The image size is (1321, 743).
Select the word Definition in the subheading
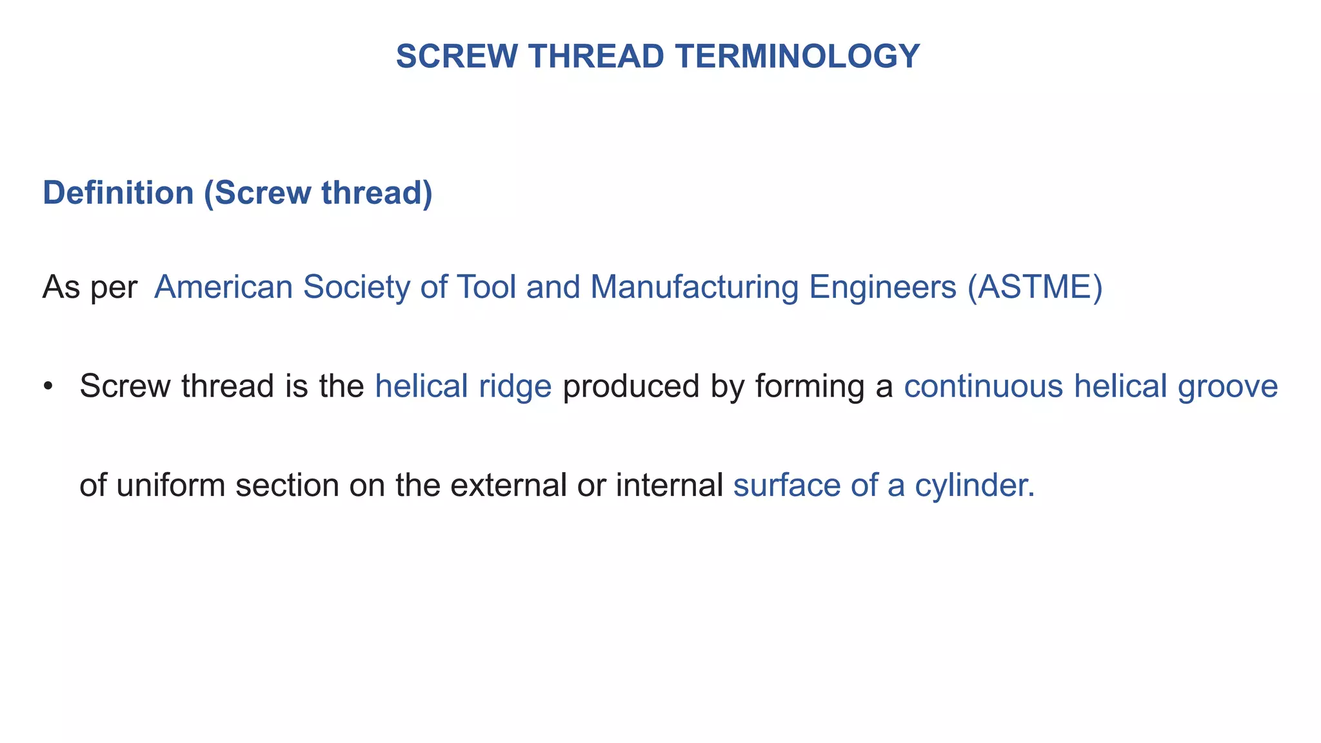[x=118, y=193]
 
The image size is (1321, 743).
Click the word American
[x=224, y=287]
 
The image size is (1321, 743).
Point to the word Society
[x=356, y=287]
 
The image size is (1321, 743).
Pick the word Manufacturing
[x=694, y=287]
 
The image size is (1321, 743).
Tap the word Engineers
[x=882, y=287]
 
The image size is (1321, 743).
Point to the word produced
[x=631, y=386]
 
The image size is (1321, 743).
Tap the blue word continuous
[x=983, y=386]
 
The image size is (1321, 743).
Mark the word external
[x=508, y=484]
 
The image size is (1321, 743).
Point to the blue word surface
[x=786, y=484]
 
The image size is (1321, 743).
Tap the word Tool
[x=486, y=287]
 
